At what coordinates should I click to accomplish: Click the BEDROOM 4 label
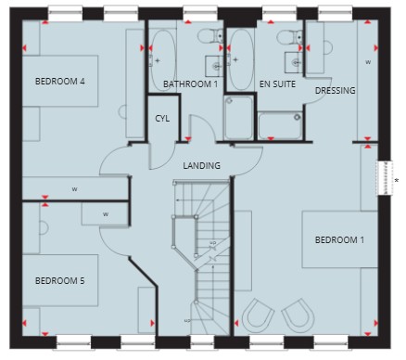pyautogui.click(x=60, y=82)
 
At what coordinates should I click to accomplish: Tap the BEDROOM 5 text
pyautogui.click(x=60, y=281)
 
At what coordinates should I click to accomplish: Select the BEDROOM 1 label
pyautogui.click(x=339, y=240)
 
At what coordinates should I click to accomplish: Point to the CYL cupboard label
pyautogui.click(x=162, y=119)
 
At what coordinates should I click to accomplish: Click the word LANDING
pyautogui.click(x=201, y=166)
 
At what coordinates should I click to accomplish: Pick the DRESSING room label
pyautogui.click(x=335, y=91)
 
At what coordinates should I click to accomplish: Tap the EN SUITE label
pyautogui.click(x=277, y=84)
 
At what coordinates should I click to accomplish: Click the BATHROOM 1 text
pyautogui.click(x=190, y=84)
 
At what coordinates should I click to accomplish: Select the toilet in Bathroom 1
pyautogui.click(x=210, y=36)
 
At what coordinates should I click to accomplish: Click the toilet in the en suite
pyautogui.click(x=290, y=37)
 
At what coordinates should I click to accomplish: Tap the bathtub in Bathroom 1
pyautogui.click(x=163, y=60)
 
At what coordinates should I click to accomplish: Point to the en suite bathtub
pyautogui.click(x=241, y=60)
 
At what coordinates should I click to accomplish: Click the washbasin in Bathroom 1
pyautogui.click(x=214, y=66)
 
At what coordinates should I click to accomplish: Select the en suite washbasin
pyautogui.click(x=294, y=63)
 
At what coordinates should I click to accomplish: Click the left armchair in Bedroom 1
pyautogui.click(x=258, y=315)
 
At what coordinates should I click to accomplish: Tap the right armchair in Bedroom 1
pyautogui.click(x=298, y=315)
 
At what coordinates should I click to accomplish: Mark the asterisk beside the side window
pyautogui.click(x=397, y=180)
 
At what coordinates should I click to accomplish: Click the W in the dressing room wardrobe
pyautogui.click(x=368, y=62)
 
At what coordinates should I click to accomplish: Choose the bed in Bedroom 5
pyautogui.click(x=60, y=280)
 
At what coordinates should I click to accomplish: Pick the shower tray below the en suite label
pyautogui.click(x=280, y=125)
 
